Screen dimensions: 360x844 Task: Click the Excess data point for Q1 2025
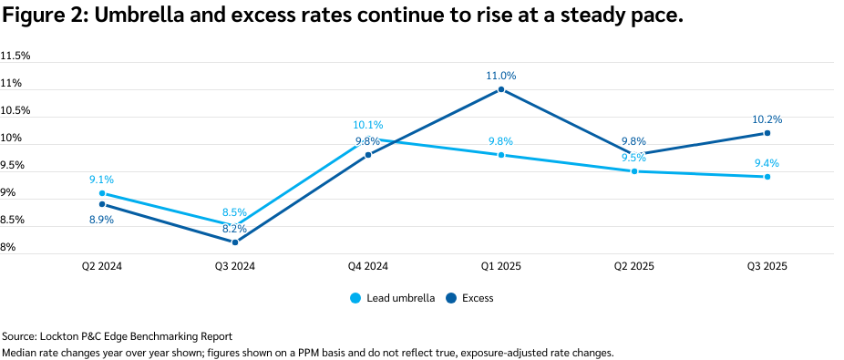(501, 89)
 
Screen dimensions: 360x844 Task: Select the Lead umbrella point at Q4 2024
(368, 139)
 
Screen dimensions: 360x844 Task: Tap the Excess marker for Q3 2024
(235, 242)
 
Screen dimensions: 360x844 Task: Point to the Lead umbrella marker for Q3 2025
(767, 177)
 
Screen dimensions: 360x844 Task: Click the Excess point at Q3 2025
(767, 133)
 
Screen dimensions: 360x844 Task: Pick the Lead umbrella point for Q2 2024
(102, 193)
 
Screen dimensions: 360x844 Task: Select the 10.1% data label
(368, 125)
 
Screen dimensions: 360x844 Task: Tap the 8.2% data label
(235, 230)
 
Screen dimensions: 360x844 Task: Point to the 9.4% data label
(767, 164)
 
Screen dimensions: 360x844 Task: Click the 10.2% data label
(767, 119)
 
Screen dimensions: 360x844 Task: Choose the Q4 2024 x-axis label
(368, 266)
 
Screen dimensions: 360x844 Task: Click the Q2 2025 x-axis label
(634, 266)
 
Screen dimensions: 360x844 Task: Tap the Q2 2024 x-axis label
(102, 266)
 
